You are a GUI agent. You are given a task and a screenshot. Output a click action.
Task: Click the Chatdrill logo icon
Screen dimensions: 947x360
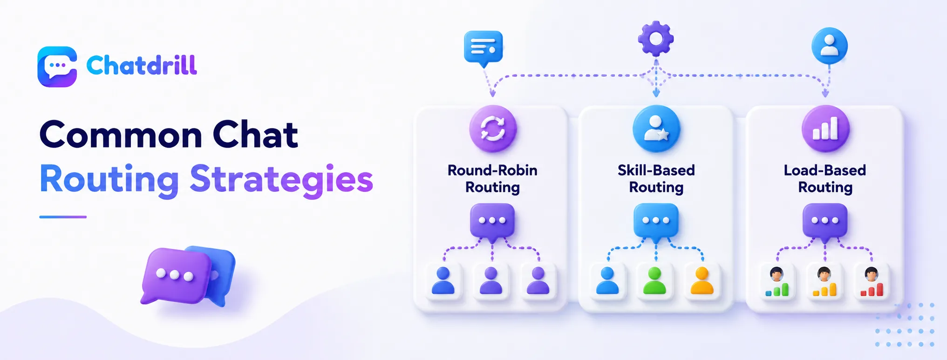click(x=57, y=67)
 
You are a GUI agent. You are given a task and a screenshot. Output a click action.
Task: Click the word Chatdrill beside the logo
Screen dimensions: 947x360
click(x=142, y=65)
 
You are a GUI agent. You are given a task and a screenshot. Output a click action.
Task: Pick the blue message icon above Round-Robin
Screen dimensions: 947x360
click(x=484, y=49)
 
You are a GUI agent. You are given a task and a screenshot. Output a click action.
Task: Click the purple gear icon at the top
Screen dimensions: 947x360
click(x=656, y=39)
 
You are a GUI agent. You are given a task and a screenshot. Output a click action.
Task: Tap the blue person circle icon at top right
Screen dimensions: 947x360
click(x=829, y=46)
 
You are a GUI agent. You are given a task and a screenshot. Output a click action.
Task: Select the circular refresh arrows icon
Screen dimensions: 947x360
click(x=493, y=129)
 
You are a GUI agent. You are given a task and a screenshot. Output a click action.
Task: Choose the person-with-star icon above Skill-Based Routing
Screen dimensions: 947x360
click(x=656, y=129)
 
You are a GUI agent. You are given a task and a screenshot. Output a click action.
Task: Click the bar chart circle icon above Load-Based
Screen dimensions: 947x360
click(x=825, y=129)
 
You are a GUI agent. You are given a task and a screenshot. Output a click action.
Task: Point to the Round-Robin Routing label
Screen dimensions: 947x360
click(x=492, y=179)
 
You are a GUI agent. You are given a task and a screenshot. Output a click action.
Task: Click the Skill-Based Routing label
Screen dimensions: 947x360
click(x=656, y=179)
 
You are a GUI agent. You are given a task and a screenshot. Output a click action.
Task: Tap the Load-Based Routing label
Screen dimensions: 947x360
click(x=825, y=179)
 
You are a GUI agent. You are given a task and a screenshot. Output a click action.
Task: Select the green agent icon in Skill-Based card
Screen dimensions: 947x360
click(x=655, y=281)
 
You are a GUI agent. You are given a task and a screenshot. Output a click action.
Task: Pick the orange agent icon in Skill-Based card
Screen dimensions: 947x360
click(x=702, y=281)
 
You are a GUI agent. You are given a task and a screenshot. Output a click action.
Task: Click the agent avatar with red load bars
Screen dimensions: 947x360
click(x=872, y=282)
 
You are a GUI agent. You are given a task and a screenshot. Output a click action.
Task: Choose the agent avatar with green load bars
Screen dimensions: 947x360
click(x=777, y=282)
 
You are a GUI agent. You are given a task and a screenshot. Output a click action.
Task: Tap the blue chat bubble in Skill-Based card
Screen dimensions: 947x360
click(x=656, y=222)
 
